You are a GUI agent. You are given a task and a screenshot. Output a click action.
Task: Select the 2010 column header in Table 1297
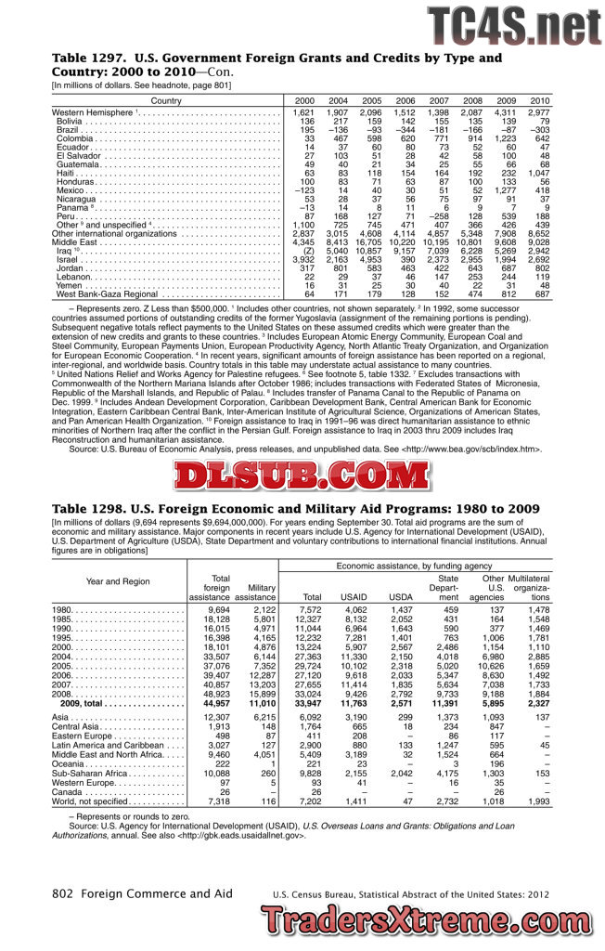(539, 100)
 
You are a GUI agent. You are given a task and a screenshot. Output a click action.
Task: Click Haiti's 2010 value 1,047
(537, 173)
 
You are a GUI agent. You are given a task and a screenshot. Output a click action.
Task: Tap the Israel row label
(69, 259)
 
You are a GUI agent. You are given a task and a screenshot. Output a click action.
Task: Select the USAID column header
(354, 597)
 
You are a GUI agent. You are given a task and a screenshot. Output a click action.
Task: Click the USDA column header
(401, 597)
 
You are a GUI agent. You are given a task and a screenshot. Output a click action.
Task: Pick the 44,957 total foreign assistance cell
(212, 678)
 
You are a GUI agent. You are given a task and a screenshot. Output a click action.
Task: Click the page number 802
(62, 893)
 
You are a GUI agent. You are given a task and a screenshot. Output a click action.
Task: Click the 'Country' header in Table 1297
(166, 100)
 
